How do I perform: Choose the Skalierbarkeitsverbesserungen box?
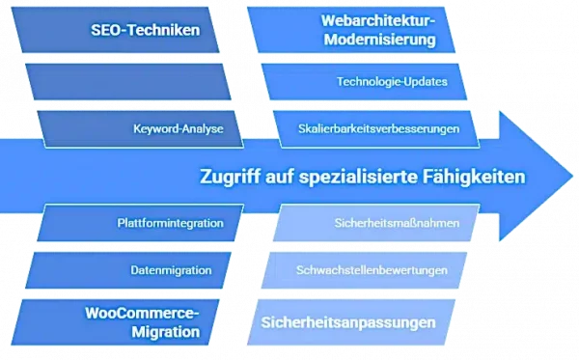coord(376,128)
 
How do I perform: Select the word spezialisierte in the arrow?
coord(359,178)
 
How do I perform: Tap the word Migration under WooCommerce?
coord(169,332)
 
